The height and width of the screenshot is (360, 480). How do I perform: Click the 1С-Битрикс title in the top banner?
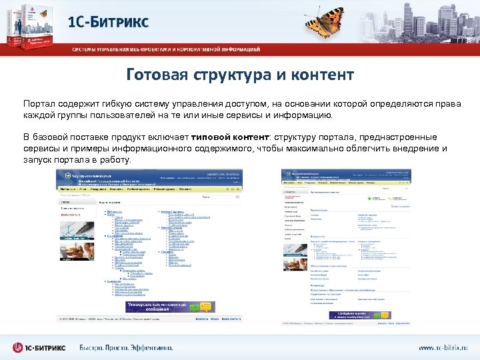pyautogui.click(x=109, y=21)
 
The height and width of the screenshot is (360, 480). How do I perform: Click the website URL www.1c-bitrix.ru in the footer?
pyautogui.click(x=443, y=347)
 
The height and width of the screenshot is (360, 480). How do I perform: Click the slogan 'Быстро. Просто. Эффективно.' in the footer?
pyautogui.click(x=126, y=347)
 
